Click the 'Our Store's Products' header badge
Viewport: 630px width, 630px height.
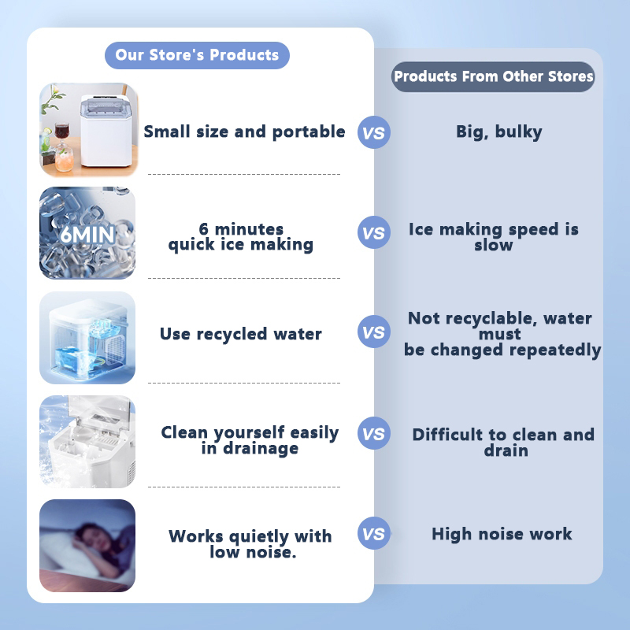197,55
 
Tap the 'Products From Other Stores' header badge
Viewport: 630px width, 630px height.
494,76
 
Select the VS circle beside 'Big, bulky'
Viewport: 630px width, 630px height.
373,132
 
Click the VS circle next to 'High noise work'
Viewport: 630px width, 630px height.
373,533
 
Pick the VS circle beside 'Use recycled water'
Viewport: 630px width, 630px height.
373,332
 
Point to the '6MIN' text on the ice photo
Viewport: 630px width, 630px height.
87,235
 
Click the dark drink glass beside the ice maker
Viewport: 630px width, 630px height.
61,132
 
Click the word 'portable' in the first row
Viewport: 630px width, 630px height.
309,132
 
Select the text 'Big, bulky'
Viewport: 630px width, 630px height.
499,132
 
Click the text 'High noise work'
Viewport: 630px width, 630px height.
502,534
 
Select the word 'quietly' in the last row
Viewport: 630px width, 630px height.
259,537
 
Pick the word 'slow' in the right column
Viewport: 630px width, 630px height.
494,245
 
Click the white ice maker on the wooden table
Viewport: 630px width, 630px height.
106,131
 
